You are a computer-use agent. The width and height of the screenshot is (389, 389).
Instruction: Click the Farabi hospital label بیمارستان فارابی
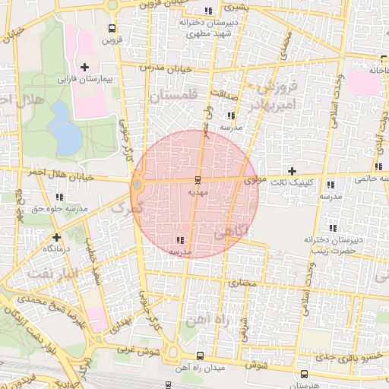pos(85,78)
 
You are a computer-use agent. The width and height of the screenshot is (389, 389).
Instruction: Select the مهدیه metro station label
pos(198,193)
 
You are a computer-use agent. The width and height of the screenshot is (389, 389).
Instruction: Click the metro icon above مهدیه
pos(198,180)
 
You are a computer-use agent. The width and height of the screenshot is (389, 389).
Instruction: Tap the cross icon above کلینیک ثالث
pos(292,171)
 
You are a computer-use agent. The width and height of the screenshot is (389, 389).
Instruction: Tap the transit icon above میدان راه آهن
pos(200,356)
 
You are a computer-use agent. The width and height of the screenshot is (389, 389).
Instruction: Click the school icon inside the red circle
pos(179,240)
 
